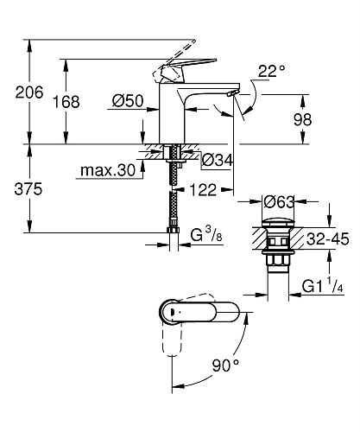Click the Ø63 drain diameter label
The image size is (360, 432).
279,202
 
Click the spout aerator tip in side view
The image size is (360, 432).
232,92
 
